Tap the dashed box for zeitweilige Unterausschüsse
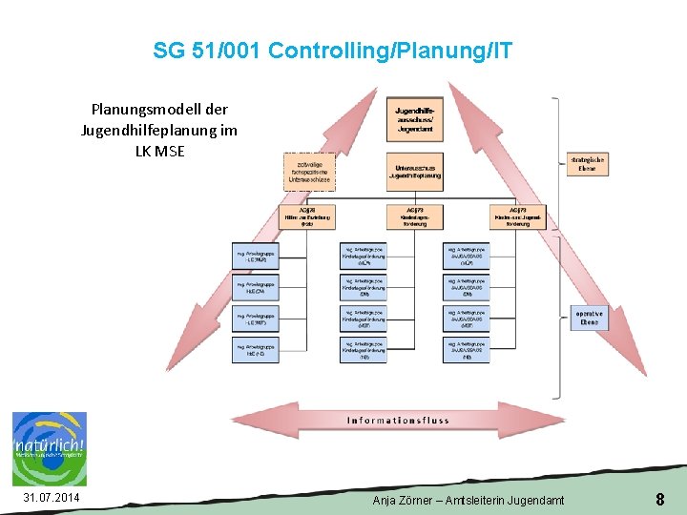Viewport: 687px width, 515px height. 309,171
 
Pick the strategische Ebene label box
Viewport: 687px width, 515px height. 588,164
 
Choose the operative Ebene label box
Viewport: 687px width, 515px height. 588,318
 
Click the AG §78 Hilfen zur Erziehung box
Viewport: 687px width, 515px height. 307,216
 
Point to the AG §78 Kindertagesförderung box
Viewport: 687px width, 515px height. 414,216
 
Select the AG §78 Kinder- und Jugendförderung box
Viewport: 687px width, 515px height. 518,216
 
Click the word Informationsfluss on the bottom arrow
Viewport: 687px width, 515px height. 398,421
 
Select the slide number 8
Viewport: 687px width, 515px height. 659,499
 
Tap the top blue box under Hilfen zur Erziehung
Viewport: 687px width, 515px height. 257,256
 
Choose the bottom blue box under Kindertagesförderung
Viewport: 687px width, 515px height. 364,350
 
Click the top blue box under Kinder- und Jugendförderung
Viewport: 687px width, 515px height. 467,256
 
